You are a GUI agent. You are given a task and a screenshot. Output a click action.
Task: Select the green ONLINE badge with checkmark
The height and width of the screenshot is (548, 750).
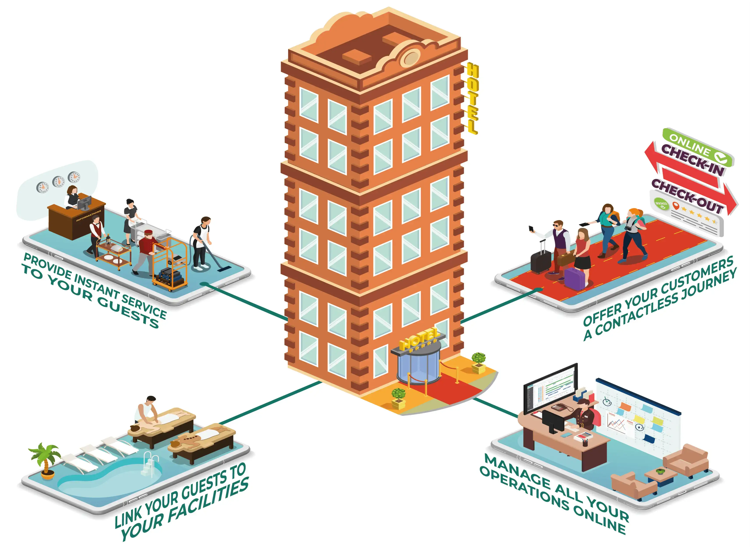click(x=696, y=146)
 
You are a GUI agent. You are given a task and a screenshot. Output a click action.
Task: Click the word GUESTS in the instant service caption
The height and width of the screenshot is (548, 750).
click(x=128, y=311)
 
